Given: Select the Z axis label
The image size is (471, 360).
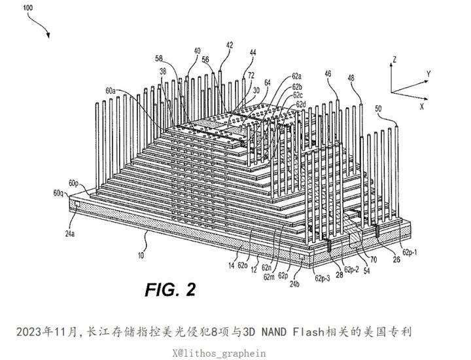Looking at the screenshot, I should click(395, 60).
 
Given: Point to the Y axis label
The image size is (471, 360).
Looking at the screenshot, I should click(427, 73).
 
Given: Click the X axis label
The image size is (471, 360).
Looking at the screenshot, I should click(422, 105).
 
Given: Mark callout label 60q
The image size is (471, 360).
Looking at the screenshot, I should click(58, 194).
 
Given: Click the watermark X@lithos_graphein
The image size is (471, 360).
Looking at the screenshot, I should click(220, 353).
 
